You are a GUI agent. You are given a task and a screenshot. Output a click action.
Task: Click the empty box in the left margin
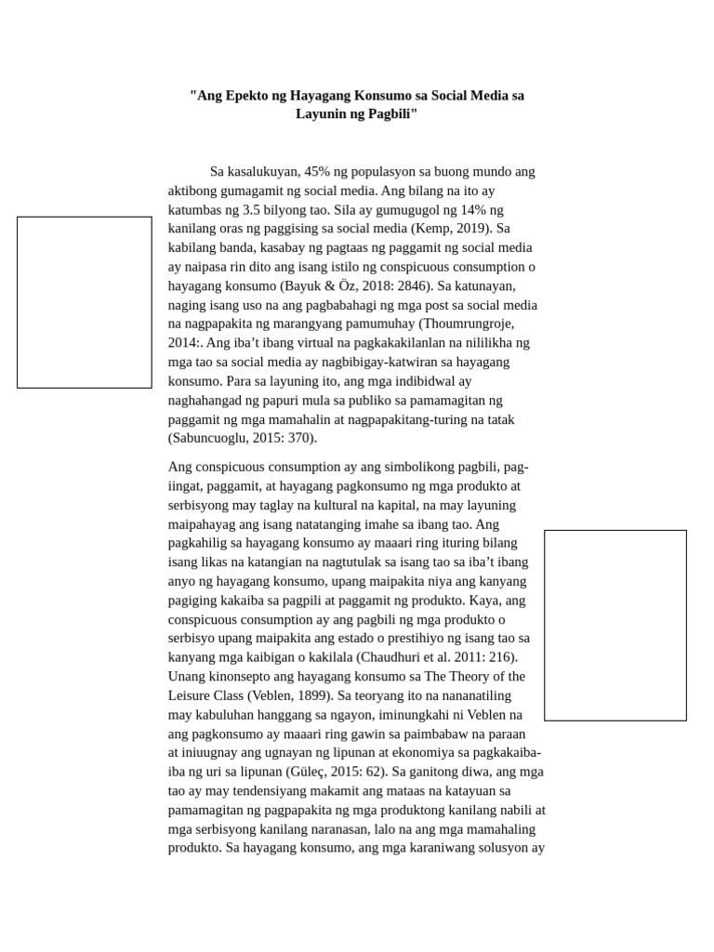point(85,302)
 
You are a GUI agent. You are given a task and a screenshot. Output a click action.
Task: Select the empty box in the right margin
point(615,625)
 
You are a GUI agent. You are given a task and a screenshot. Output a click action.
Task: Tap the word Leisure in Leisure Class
point(192,695)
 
